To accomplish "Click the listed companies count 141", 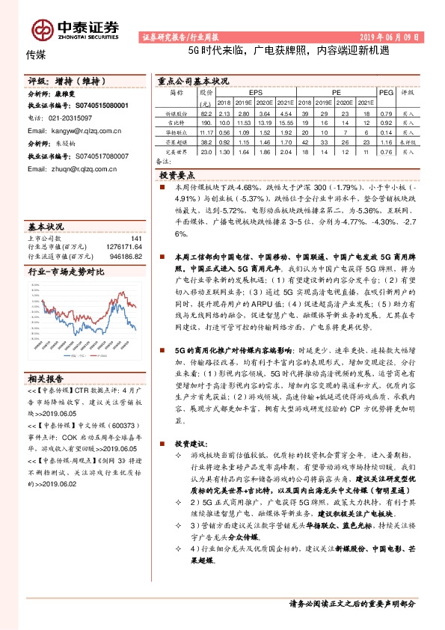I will pyautogui.click(x=136, y=239).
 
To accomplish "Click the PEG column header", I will pyautogui.click(x=386, y=92).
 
